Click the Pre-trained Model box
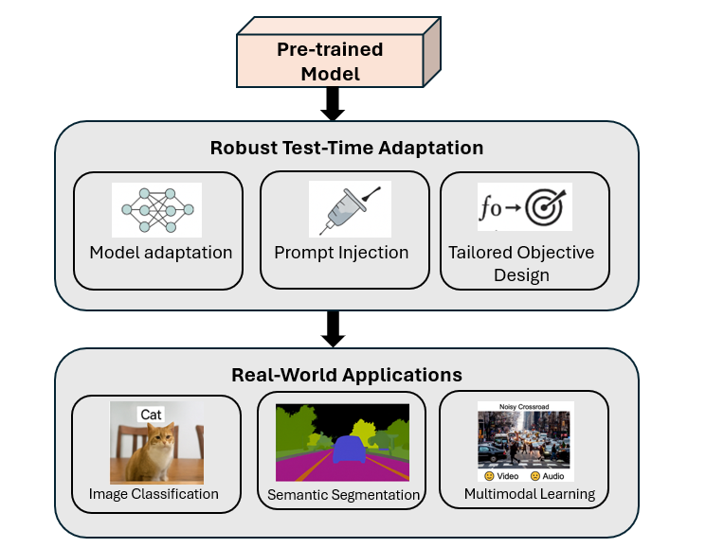(x=338, y=52)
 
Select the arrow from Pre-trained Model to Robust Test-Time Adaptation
(x=333, y=104)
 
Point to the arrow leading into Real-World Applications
(x=333, y=329)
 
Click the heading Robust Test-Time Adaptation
(x=347, y=148)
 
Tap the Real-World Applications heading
(x=347, y=375)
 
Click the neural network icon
(x=157, y=210)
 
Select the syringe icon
(x=350, y=210)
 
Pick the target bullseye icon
(x=545, y=206)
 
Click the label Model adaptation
(x=161, y=253)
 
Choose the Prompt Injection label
(x=341, y=253)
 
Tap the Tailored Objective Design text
(x=521, y=264)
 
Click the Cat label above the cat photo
(x=151, y=415)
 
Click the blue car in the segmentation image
(x=349, y=450)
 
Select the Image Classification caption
(x=154, y=494)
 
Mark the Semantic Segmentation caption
(x=344, y=495)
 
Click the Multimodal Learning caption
(x=530, y=494)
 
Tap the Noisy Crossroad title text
(x=524, y=407)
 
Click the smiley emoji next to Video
(x=489, y=476)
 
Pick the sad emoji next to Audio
(x=535, y=476)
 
